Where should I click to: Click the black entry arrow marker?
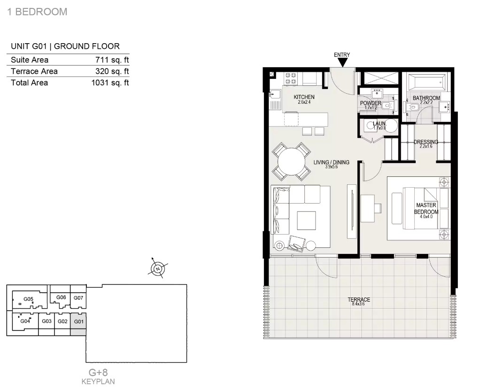[342, 63]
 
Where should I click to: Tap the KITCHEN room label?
[304, 97]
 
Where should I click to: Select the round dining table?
[292, 162]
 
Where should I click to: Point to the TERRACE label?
[359, 300]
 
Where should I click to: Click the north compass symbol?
[158, 268]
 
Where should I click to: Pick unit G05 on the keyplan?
[29, 299]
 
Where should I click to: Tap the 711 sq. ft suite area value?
[112, 60]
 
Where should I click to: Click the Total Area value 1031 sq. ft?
[110, 83]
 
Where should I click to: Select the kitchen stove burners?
[291, 78]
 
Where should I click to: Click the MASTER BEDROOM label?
[426, 208]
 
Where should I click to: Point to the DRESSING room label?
[426, 142]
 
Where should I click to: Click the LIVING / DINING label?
[331, 162]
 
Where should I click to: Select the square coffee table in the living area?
[306, 221]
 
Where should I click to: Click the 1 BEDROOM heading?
[38, 12]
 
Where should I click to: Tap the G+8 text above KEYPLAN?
[98, 373]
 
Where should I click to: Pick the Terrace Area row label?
[34, 71]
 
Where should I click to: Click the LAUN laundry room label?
[379, 123]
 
